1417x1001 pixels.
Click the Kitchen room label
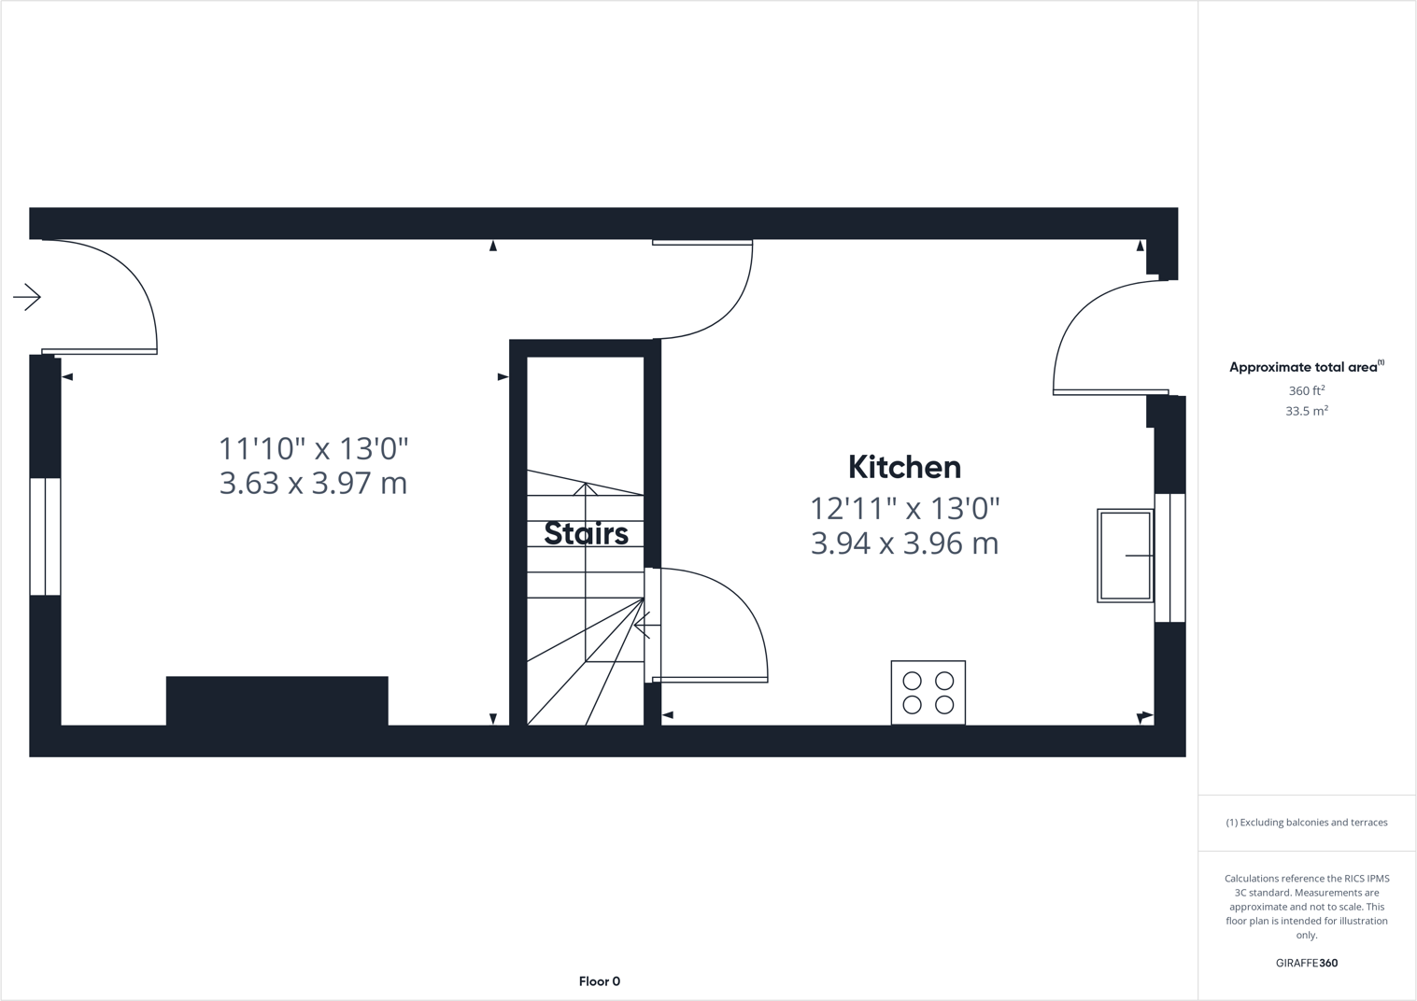[904, 467]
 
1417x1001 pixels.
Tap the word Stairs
[586, 533]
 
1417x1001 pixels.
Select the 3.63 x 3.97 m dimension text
[313, 484]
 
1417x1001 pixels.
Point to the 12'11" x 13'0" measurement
[904, 509]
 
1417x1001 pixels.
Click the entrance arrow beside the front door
[27, 297]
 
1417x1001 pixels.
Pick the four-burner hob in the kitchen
[928, 693]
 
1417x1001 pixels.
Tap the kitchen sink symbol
[1125, 556]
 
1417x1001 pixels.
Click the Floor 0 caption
[599, 981]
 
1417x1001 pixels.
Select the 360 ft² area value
[1306, 391]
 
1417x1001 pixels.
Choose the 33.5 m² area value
[1306, 411]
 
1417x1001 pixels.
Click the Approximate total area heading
[1304, 367]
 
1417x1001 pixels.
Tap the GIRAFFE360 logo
[1306, 963]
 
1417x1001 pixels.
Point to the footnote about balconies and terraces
[1306, 823]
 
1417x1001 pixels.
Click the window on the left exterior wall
[45, 536]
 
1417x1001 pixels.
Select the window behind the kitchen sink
[1169, 557]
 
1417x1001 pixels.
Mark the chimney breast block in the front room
[276, 700]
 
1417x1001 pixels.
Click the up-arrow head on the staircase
[586, 488]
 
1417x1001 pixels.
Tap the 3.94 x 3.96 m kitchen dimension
[904, 543]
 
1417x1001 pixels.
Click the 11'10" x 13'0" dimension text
[313, 449]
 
